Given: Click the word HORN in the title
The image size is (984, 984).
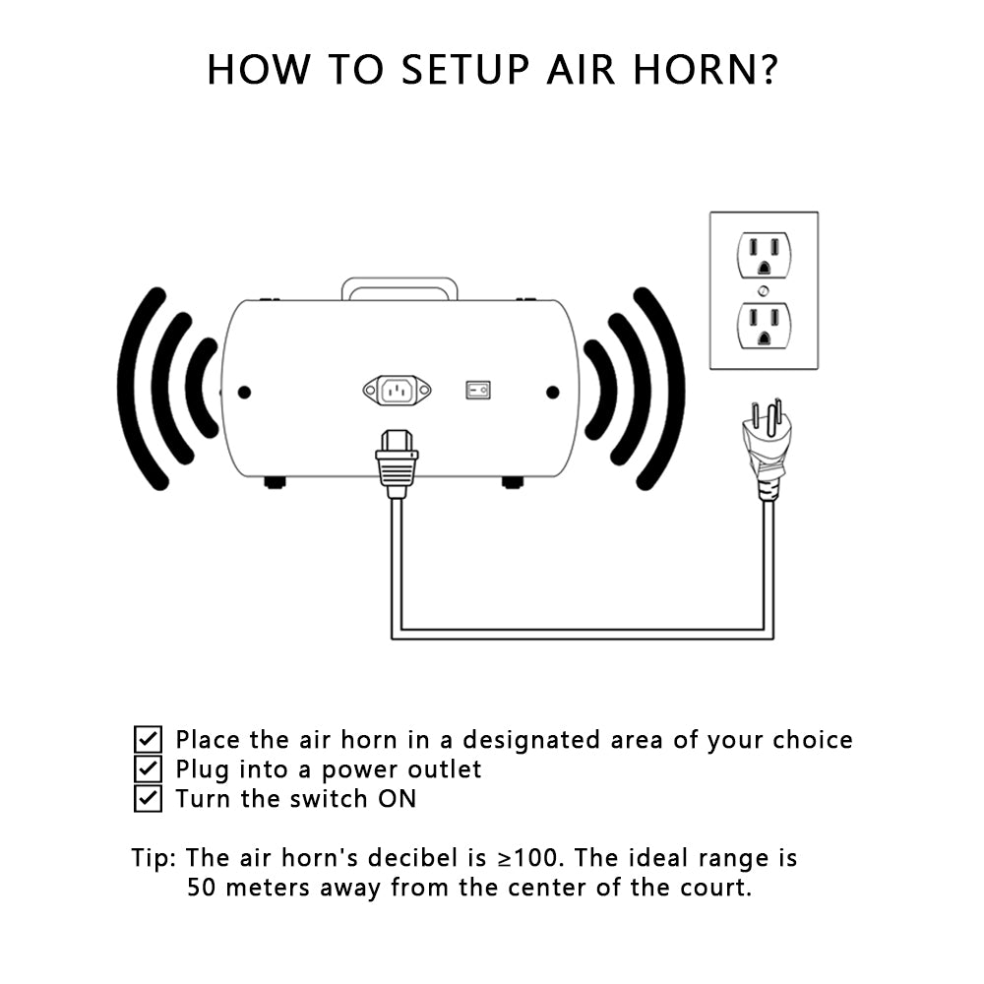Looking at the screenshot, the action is (x=697, y=69).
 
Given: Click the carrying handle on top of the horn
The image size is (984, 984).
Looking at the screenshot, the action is (x=400, y=282).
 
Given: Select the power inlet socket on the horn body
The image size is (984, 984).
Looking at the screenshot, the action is (x=398, y=391).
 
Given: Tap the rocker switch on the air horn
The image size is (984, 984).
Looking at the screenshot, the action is (x=477, y=391).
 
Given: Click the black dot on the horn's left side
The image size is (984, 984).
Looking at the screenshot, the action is (x=245, y=393).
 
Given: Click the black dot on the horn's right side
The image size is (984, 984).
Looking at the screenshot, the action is (x=553, y=393).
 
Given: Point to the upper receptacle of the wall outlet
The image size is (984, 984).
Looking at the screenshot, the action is (x=764, y=255).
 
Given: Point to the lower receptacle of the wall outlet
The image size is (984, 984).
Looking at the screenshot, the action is (x=764, y=326).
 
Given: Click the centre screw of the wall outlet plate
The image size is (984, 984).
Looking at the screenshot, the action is (x=764, y=290).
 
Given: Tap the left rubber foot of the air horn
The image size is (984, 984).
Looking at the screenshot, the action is (x=275, y=482).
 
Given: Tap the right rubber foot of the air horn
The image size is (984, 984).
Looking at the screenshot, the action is (x=513, y=482).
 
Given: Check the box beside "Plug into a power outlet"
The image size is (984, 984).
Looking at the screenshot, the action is (x=149, y=769).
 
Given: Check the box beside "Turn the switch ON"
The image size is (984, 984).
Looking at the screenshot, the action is (x=149, y=798).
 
